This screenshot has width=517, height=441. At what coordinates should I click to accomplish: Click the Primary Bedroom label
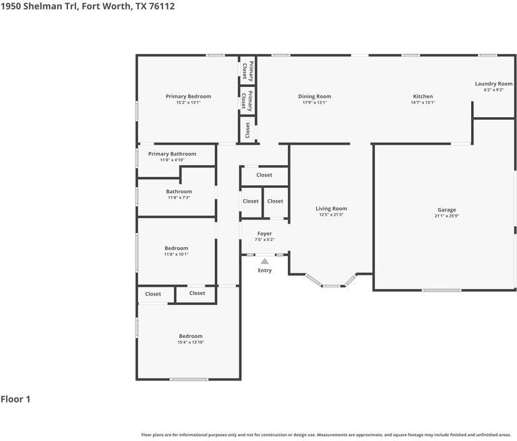(188, 96)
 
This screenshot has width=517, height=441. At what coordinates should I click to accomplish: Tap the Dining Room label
(315, 96)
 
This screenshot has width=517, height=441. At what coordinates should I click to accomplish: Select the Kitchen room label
(423, 96)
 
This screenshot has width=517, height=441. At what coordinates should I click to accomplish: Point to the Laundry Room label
(493, 83)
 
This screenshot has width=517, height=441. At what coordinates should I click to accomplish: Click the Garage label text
(447, 210)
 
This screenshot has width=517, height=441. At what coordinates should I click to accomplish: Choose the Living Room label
(331, 209)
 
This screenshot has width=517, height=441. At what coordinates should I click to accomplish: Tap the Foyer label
(264, 234)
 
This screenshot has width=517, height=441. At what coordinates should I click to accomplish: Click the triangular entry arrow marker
(265, 261)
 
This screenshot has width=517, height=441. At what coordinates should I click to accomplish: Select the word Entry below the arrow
(265, 271)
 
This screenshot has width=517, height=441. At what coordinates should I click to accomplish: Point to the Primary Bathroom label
(172, 154)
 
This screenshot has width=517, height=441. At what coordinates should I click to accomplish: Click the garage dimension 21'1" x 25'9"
(447, 216)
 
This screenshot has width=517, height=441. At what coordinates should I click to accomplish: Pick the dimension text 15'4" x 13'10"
(191, 342)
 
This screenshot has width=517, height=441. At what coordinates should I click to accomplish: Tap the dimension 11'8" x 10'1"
(177, 255)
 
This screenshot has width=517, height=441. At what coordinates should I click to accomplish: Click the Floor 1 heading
(16, 399)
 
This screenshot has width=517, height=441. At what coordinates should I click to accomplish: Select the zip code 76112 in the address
(162, 6)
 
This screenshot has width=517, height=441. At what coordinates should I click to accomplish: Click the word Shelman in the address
(42, 6)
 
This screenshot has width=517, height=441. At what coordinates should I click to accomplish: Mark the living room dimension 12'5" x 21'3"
(331, 215)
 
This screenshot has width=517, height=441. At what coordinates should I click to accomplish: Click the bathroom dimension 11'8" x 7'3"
(179, 198)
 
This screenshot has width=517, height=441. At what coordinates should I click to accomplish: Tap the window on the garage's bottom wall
(442, 290)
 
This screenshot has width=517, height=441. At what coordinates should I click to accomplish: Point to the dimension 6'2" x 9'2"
(493, 90)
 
